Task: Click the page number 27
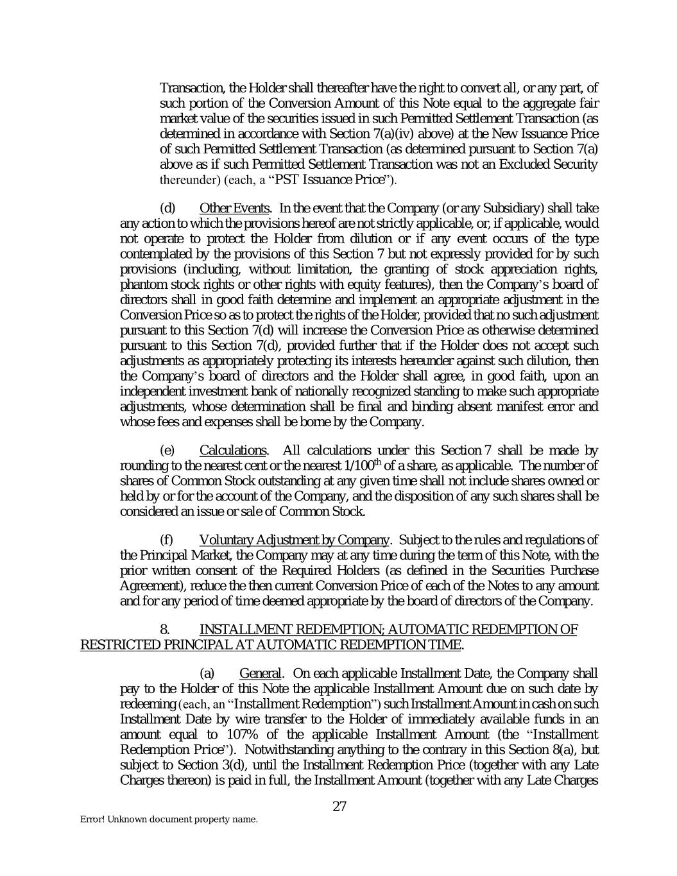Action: [x=339, y=806]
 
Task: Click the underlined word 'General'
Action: [x=260, y=673]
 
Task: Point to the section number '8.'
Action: [x=165, y=630]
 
